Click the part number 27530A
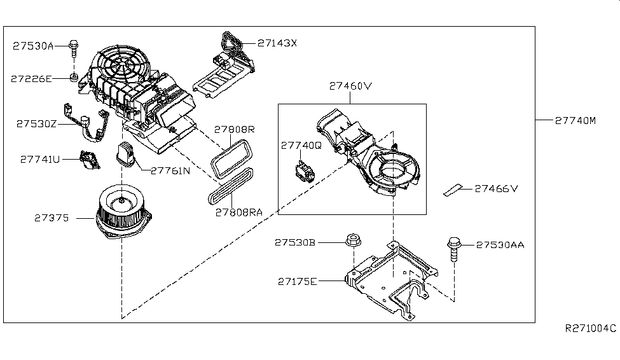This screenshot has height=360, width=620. pos(33,46)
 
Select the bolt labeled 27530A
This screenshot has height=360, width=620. pos(74,48)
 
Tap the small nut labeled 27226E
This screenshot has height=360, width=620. pos(73,77)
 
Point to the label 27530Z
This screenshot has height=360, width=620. pos(36,124)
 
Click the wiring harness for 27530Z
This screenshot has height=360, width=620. pos(86,122)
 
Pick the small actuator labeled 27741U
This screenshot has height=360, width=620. pos(90,160)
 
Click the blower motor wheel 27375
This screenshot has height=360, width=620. pos(123,212)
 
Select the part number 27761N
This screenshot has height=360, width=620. pos(170,171)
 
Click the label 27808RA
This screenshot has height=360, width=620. pos(239,213)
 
